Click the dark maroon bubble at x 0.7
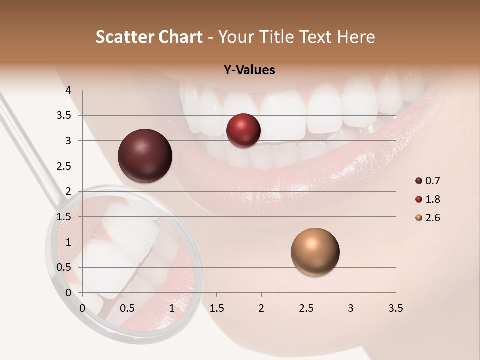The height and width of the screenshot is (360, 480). click(x=145, y=156)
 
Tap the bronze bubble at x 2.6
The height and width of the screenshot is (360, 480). click(x=315, y=252)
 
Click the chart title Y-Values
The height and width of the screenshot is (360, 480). click(x=249, y=70)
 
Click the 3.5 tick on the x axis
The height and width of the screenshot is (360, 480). click(x=395, y=308)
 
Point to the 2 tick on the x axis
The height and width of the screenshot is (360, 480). click(x=261, y=308)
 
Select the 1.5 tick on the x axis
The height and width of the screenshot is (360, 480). click(x=216, y=308)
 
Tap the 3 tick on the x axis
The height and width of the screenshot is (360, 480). click(x=350, y=308)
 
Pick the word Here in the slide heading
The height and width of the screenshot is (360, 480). click(x=356, y=37)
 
